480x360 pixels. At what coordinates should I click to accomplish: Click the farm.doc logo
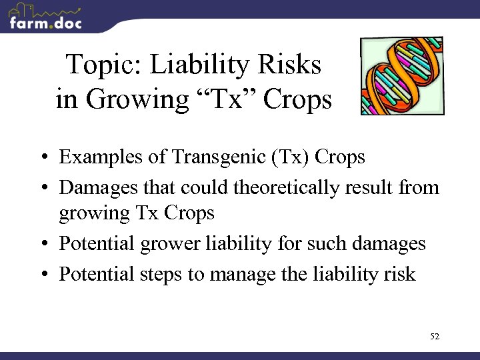[45, 17]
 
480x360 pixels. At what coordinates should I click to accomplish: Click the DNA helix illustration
[401, 76]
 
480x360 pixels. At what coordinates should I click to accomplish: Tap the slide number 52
[435, 337]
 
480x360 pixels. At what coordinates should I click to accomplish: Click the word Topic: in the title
[104, 66]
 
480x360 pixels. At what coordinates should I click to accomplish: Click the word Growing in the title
[133, 100]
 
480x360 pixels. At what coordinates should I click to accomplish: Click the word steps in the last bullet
[164, 274]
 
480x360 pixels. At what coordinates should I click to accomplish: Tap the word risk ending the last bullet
[400, 274]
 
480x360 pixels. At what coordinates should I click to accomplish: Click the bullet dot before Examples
[42, 159]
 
